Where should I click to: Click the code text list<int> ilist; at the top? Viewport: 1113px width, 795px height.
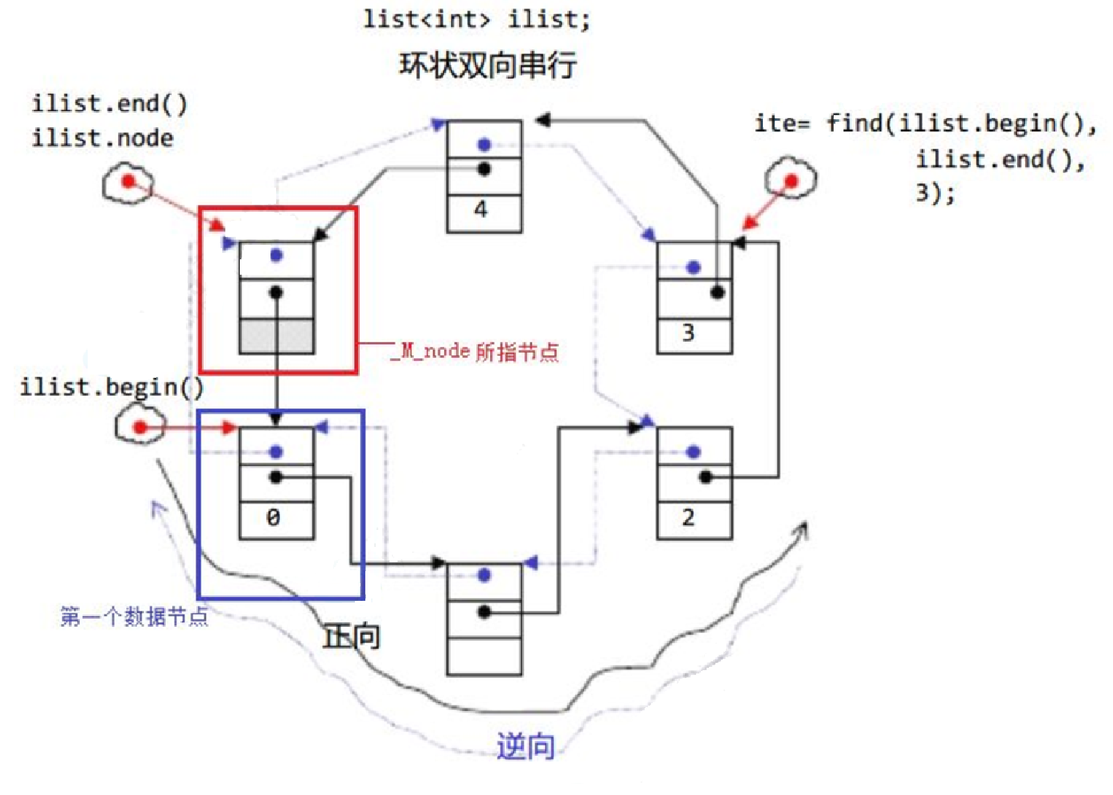[x=476, y=20]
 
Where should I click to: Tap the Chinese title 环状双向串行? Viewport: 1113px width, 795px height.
[x=488, y=65]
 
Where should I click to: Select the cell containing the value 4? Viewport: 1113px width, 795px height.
[x=484, y=213]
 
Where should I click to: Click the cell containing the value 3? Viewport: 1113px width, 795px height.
[x=695, y=336]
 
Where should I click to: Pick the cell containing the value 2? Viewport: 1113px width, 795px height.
[x=695, y=520]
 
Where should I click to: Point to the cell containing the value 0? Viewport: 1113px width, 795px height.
[x=276, y=520]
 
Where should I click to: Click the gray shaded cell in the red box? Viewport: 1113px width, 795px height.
[x=276, y=336]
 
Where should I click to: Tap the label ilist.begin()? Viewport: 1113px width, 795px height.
[x=112, y=387]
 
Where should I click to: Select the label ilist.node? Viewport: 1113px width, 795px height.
[x=102, y=139]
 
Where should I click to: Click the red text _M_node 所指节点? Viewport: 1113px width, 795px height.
[x=475, y=351]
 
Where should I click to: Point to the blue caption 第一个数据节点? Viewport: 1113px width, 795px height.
[x=134, y=616]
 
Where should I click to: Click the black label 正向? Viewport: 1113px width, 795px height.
[x=352, y=637]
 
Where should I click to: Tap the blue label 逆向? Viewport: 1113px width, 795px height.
[x=526, y=746]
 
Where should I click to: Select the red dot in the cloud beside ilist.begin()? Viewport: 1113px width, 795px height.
[x=141, y=427]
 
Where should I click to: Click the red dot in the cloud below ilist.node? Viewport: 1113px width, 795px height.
[x=129, y=181]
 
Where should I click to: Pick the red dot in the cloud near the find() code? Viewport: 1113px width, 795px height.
[x=792, y=181]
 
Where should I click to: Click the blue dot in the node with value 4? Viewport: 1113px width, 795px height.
[x=484, y=145]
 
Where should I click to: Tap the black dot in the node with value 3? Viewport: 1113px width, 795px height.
[x=717, y=292]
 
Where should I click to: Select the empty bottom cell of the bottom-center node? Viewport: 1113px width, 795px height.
[x=484, y=656]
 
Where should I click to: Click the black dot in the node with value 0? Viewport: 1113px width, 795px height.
[x=276, y=478]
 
